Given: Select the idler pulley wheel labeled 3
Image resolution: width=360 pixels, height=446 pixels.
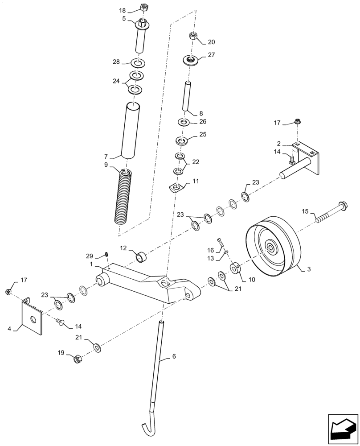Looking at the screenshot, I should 271,248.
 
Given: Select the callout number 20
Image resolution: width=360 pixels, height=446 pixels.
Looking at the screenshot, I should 211,42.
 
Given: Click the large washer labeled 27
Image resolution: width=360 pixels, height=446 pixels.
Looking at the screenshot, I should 190,60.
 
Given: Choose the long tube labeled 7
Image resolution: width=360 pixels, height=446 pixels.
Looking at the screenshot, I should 130,129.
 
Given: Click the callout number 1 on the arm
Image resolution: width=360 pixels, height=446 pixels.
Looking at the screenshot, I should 91,264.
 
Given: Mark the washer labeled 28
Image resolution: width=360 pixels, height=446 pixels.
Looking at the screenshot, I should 138,62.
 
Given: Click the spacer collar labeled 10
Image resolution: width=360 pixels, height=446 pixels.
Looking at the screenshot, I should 235,270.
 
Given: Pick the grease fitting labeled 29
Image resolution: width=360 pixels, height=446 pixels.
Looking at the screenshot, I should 107,255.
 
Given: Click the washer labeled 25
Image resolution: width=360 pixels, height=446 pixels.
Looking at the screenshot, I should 181,141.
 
